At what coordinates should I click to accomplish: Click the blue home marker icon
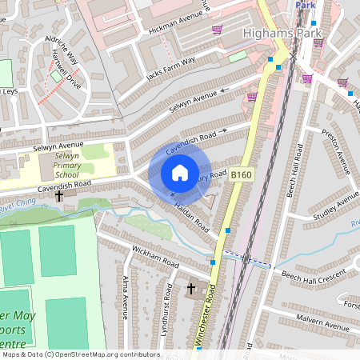click(x=180, y=174)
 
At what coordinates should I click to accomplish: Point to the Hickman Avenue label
click(x=178, y=21)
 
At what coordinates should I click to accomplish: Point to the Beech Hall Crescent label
click(x=314, y=274)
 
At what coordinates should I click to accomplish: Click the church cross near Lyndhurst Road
click(x=191, y=287)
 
